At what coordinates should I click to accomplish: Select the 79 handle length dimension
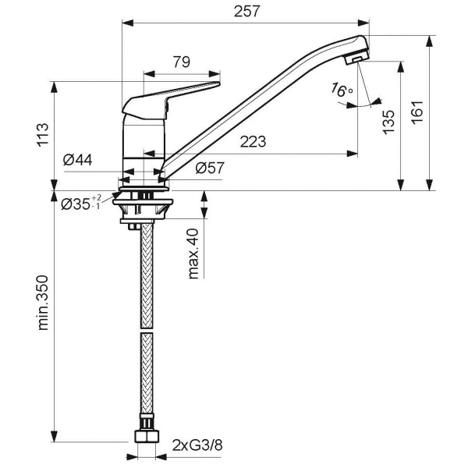click(182, 61)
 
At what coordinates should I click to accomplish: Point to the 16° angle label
click(342, 90)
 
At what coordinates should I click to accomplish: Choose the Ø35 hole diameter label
click(80, 204)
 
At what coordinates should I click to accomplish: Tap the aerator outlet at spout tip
click(355, 60)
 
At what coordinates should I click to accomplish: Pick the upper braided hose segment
click(144, 273)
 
